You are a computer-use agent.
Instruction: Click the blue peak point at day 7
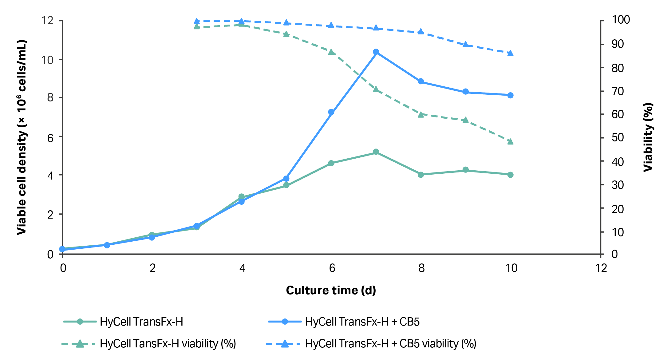tap(376, 52)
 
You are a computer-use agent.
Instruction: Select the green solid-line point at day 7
tap(376, 152)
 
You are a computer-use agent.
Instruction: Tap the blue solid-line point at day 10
tap(510, 95)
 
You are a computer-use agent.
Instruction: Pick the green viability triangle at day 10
tap(510, 141)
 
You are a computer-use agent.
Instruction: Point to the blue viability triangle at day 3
tap(197, 21)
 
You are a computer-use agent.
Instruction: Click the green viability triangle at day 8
tap(421, 114)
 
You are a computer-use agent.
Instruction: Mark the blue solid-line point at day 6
tap(331, 112)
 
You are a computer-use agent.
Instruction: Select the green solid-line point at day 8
tap(421, 175)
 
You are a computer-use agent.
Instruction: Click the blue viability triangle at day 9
tap(465, 45)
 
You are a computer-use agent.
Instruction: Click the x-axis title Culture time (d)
tap(331, 290)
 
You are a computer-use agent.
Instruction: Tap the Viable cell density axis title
tap(22, 137)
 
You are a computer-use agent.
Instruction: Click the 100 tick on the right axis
tap(621, 20)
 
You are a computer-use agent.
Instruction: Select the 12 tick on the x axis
tap(601, 268)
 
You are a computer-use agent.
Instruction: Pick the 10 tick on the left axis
tap(47, 60)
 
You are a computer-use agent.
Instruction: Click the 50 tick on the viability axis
tap(618, 137)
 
